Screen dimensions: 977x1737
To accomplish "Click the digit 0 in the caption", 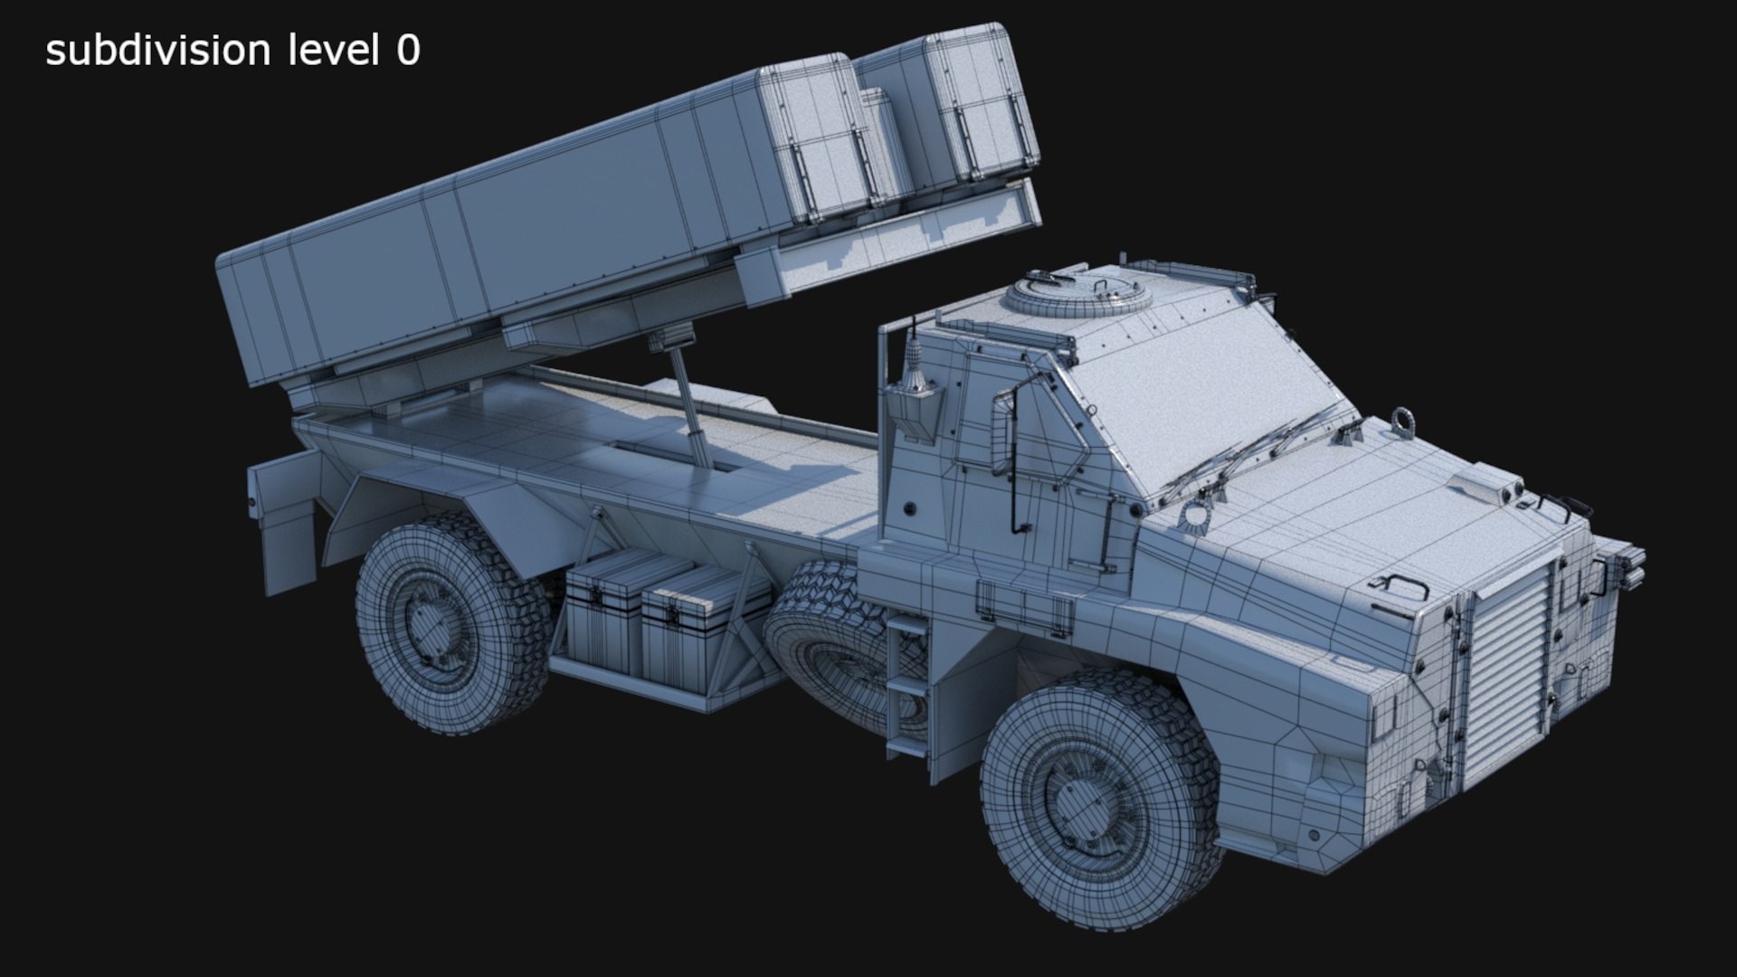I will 408,52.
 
